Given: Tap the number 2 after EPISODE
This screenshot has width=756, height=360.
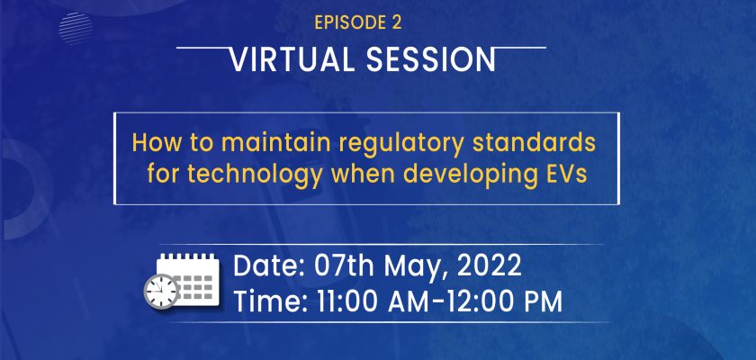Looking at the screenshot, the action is coord(396,23).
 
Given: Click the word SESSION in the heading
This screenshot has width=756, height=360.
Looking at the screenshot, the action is coord(430,59).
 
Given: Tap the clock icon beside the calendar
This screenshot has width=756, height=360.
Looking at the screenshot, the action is coord(161,292).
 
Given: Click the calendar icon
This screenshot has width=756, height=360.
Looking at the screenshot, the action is coord(188,280).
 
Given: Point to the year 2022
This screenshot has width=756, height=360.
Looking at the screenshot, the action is coord(489,265).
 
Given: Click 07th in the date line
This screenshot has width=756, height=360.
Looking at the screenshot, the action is coord(344,265).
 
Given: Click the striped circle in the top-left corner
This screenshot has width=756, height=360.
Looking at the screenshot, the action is coord(76,29).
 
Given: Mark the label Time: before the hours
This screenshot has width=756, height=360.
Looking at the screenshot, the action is coord(271,302).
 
